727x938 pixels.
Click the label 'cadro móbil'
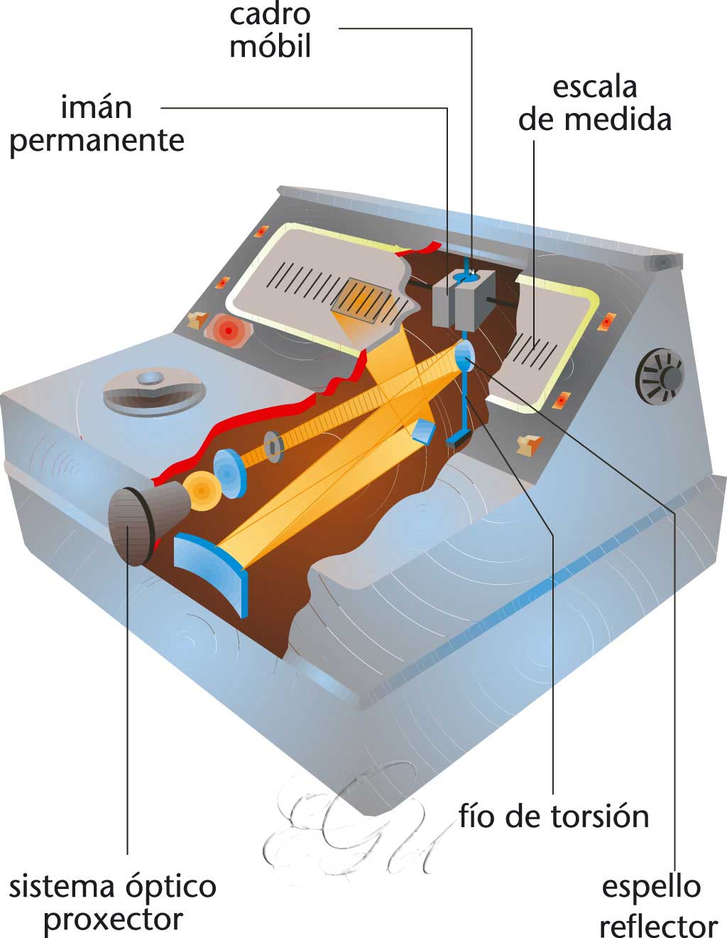(270, 31)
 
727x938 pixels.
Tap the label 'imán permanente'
(97, 124)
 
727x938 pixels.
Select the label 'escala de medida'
(594, 104)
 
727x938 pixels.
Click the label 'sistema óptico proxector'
(113, 902)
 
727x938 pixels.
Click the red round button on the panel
(228, 329)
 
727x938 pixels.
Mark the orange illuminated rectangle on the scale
(363, 300)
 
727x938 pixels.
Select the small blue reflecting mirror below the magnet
(464, 353)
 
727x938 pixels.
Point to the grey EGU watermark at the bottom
(355, 824)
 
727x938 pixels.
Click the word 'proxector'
(113, 920)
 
